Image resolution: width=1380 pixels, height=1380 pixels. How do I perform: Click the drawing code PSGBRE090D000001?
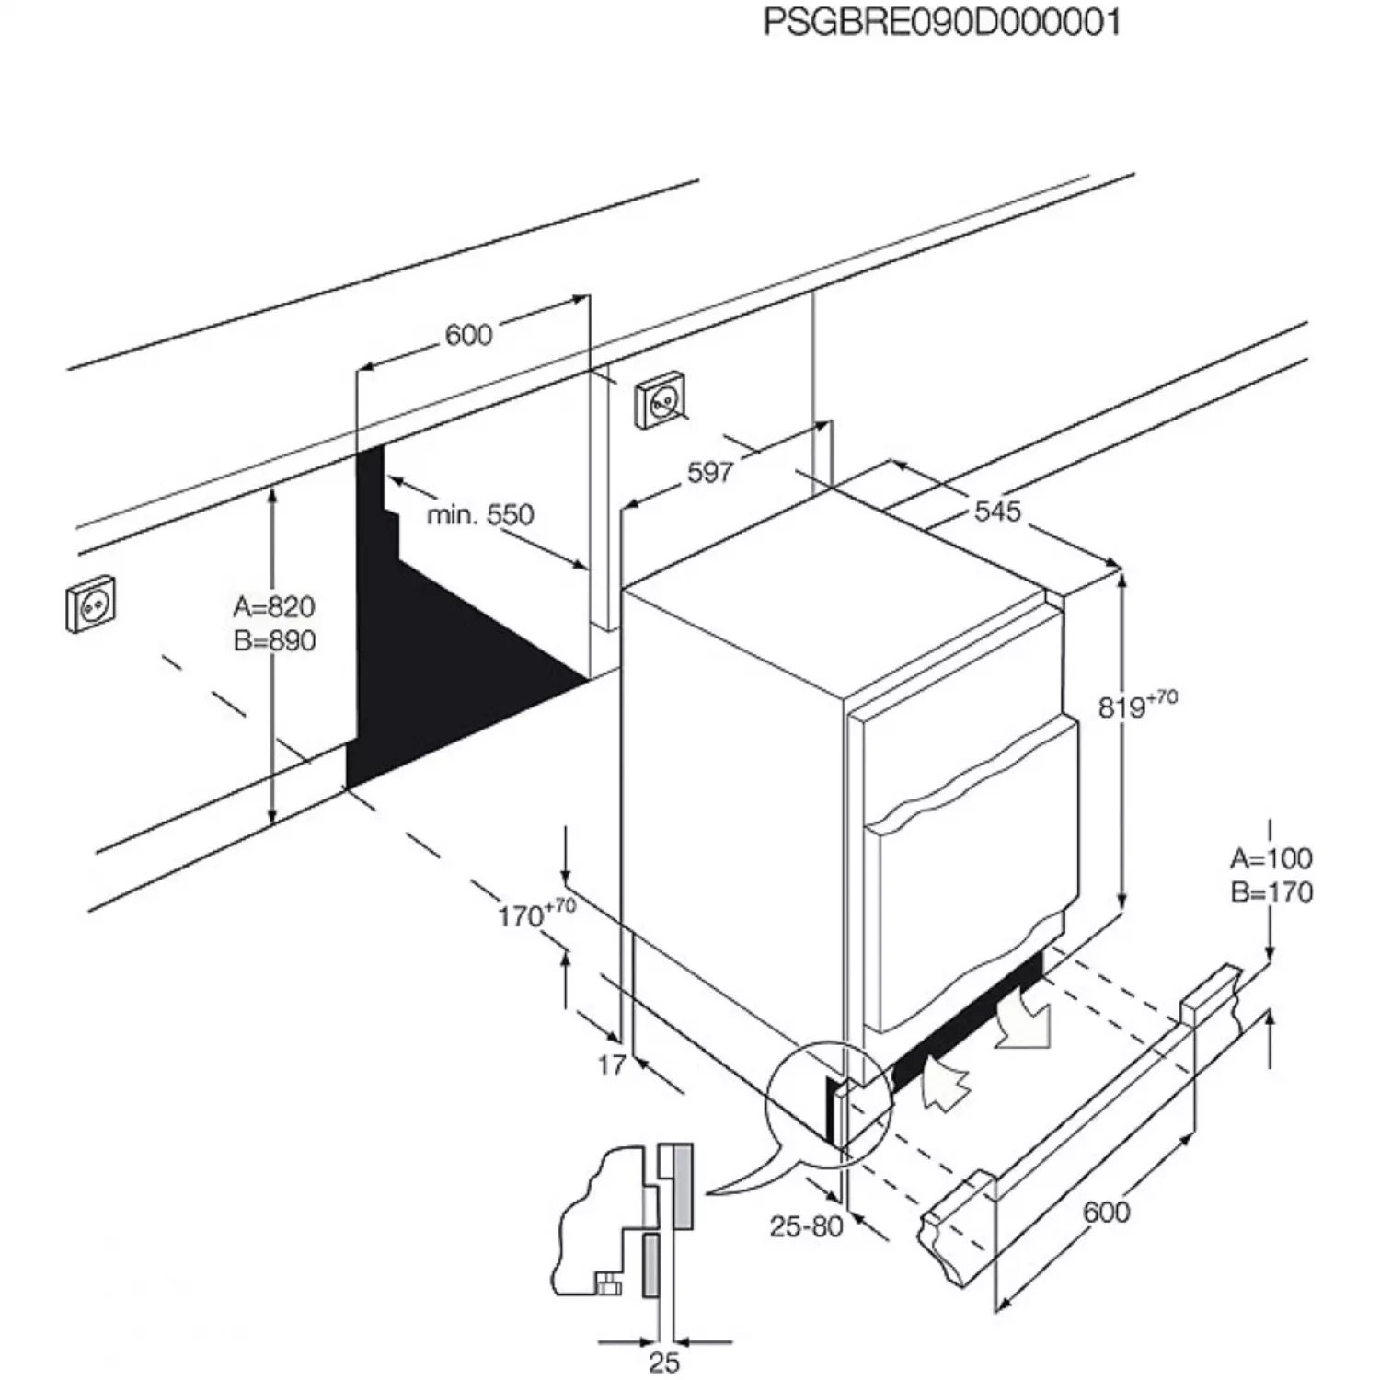[x=942, y=22]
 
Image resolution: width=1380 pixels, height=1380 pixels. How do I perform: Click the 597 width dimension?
[x=710, y=472]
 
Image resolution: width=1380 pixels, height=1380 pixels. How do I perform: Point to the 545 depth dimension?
[x=997, y=511]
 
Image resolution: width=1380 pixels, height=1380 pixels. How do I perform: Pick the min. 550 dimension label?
[x=479, y=514]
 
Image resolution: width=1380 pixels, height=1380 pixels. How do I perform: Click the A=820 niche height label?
[x=274, y=607]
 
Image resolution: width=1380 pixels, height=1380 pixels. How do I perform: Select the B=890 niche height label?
[x=274, y=640]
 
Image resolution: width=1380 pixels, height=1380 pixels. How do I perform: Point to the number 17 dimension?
[x=612, y=1065]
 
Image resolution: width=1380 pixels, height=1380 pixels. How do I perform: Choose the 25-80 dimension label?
[x=806, y=1226]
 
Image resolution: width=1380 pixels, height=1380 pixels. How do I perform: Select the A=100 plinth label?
[x=1271, y=859]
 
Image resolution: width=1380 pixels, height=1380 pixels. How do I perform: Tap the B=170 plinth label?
[x=1271, y=892]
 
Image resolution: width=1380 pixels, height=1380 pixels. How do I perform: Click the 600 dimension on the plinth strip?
[x=1106, y=1212]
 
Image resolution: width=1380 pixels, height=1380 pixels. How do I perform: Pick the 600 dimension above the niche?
[x=468, y=335]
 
